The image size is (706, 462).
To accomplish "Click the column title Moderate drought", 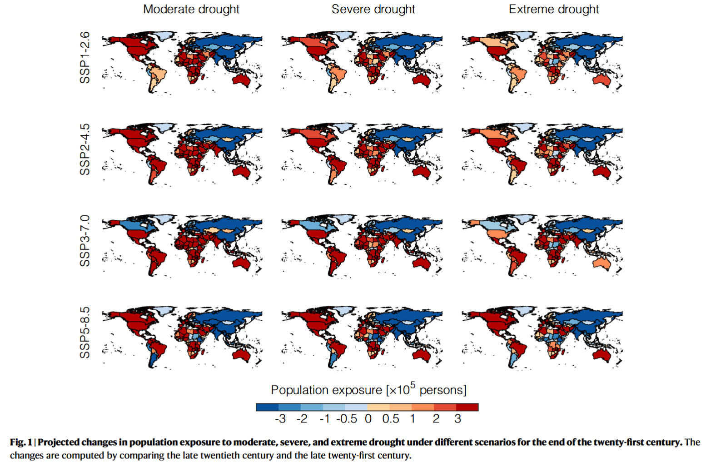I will tap(191, 9).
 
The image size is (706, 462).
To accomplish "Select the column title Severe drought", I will tap(373, 9).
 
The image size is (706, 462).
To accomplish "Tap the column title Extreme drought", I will tap(553, 9).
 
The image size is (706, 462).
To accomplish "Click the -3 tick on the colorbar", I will tap(280, 419).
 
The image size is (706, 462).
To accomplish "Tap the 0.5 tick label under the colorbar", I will tap(390, 419).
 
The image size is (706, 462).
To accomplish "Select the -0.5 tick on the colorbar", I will tap(347, 419).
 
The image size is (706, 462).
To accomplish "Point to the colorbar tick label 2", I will tap(436, 419).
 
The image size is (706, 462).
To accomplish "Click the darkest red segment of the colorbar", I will tap(467, 407).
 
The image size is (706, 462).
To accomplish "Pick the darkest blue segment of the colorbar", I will tap(267, 407).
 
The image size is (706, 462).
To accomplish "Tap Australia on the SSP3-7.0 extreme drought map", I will tap(602, 263).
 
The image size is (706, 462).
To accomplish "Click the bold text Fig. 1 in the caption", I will tap(21, 442).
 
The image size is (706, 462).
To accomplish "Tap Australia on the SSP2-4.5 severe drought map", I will tap(422, 172).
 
